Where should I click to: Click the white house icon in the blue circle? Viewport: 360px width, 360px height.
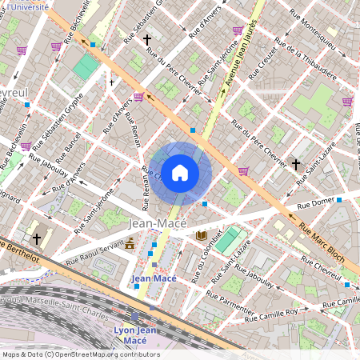pyautogui.click(x=180, y=171)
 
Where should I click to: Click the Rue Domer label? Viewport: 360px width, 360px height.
pyautogui.click(x=308, y=202)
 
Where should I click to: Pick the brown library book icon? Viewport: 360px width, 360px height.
pyautogui.click(x=202, y=235)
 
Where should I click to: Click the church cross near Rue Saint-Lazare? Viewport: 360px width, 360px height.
pyautogui.click(x=295, y=164)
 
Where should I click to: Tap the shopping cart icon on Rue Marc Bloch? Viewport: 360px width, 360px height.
pyautogui.click(x=242, y=170)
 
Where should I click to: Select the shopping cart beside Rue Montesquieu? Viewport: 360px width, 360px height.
pyautogui.click(x=346, y=102)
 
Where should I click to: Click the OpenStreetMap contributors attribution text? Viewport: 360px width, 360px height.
pyautogui.click(x=80, y=354)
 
